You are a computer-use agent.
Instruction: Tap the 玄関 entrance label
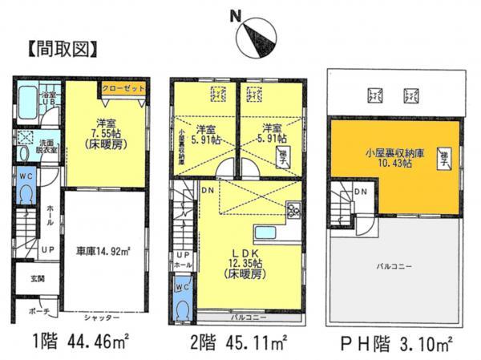(38, 279)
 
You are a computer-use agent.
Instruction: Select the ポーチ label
(41, 311)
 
